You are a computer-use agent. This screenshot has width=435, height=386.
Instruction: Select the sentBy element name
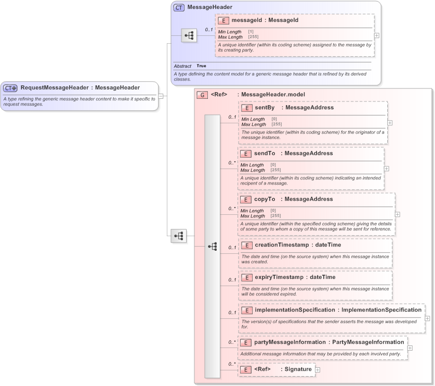[265, 108]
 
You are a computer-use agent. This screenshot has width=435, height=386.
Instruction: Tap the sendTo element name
[265, 153]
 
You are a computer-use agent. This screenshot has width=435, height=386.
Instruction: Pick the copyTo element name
[265, 199]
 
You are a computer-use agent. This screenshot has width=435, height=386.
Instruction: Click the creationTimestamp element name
[281, 245]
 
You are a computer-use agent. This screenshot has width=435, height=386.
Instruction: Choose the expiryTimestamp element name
[279, 277]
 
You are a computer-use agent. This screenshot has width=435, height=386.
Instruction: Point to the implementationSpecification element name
[295, 310]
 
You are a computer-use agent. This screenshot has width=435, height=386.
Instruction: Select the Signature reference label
[298, 369]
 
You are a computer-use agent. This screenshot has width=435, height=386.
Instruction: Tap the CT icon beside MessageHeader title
[179, 8]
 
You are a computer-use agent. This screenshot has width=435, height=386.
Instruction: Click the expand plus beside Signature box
[318, 369]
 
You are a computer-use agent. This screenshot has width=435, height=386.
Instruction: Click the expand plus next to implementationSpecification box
[427, 318]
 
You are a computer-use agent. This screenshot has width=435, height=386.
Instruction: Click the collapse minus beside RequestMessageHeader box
[161, 96]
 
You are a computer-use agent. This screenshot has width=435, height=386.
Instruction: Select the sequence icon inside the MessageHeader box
[189, 35]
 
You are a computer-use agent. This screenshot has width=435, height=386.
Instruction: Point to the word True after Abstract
[201, 66]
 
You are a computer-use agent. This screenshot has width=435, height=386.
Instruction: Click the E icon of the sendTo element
[246, 154]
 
